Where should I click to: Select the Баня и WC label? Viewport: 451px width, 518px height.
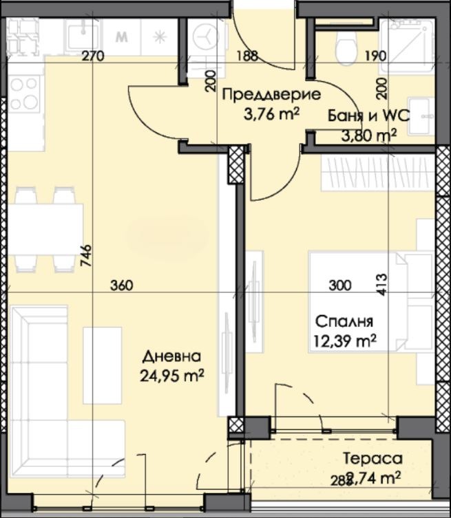point(369,116)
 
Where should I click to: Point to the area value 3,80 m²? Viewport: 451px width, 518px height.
point(369,135)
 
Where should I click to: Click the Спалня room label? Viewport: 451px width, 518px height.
point(344,321)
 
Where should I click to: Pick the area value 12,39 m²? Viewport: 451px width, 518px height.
point(345,341)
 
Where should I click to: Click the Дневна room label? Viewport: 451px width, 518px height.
point(172,356)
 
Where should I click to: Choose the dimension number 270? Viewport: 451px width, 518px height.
point(92,56)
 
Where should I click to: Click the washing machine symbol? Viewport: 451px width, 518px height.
point(207,34)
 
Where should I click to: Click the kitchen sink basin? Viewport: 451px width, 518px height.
point(82,32)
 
